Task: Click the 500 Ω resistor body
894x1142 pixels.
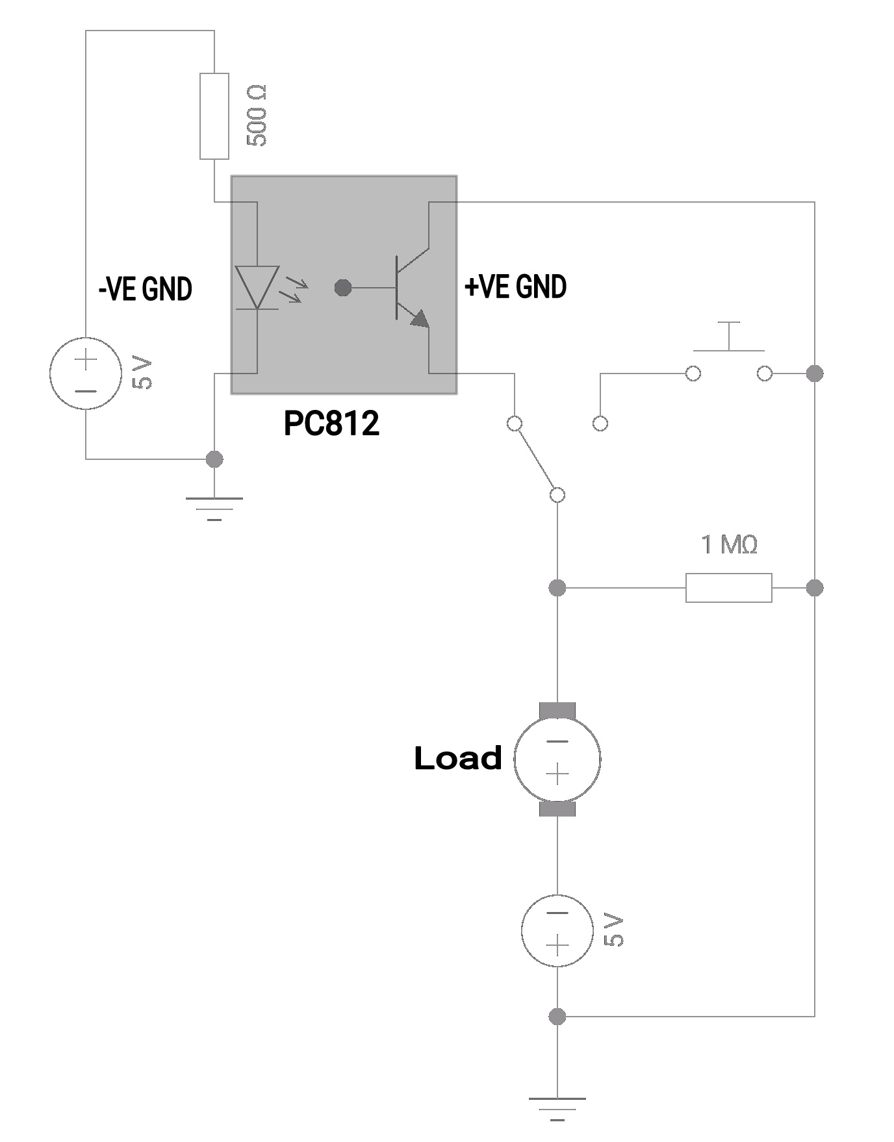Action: point(214,116)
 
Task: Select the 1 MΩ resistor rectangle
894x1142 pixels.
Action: point(728,588)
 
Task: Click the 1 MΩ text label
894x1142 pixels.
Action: point(729,544)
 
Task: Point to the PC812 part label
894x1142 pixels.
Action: point(331,424)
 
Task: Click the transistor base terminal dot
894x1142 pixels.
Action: point(342,287)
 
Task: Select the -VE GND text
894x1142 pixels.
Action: point(145,289)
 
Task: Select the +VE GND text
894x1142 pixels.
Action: point(515,286)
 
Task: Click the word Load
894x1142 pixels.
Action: point(458,758)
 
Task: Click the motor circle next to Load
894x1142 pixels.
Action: point(557,758)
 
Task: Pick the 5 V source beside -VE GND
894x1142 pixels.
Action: point(86,374)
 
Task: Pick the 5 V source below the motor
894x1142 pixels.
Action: point(557,930)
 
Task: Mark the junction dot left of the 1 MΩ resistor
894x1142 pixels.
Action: point(557,588)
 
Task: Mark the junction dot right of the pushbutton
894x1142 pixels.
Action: point(814,374)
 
